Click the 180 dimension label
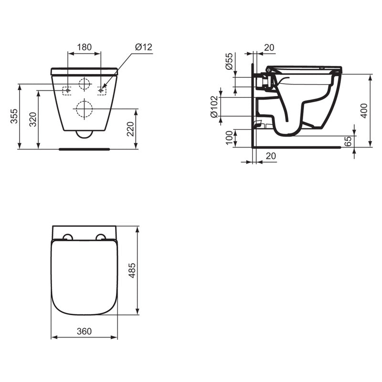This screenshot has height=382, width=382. point(85,47)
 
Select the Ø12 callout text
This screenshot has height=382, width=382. point(143,47)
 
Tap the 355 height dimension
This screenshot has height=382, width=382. point(14,117)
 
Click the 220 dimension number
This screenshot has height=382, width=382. point(130,129)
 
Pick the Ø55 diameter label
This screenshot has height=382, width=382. point(229,62)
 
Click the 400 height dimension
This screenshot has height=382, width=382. point(364,111)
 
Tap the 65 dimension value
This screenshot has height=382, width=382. point(348,141)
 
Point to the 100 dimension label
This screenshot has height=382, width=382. point(229,138)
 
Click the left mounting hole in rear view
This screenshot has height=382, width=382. point(68,90)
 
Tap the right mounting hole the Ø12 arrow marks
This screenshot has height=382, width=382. point(101,90)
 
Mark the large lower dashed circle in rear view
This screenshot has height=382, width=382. point(85,109)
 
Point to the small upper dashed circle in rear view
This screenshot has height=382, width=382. point(85,84)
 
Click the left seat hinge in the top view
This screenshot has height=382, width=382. point(68,237)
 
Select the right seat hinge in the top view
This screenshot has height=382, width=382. point(101,237)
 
